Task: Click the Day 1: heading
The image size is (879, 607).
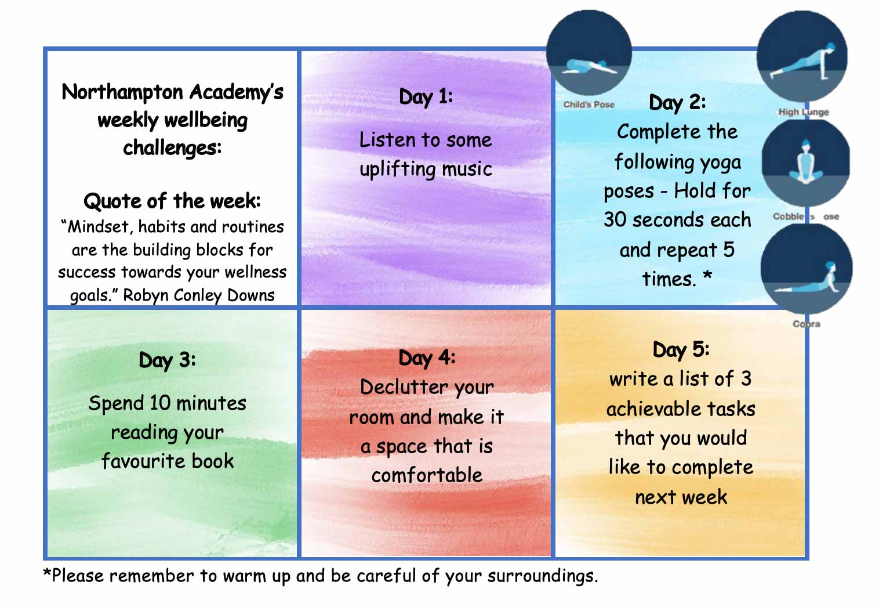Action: click(x=426, y=97)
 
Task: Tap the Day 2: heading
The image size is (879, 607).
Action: click(x=677, y=103)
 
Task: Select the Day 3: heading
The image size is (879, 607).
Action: click(x=167, y=360)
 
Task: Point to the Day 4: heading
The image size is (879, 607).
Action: click(x=427, y=358)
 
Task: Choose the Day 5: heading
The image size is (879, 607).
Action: click(x=681, y=350)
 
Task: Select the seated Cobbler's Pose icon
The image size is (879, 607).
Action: click(x=805, y=162)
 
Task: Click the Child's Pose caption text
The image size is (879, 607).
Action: click(x=589, y=105)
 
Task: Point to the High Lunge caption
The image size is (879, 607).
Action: click(x=803, y=112)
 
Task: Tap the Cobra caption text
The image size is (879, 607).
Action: click(x=807, y=324)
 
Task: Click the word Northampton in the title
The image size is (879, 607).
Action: click(x=122, y=92)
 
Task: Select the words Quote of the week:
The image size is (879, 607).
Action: click(x=172, y=201)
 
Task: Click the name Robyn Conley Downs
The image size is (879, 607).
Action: click(x=199, y=295)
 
